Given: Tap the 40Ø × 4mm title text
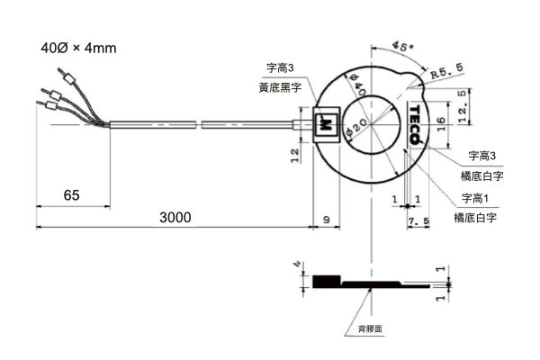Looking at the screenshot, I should tap(79, 47).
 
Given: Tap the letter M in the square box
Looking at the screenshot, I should tap(327, 123).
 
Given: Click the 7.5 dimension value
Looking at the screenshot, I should tap(418, 221).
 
